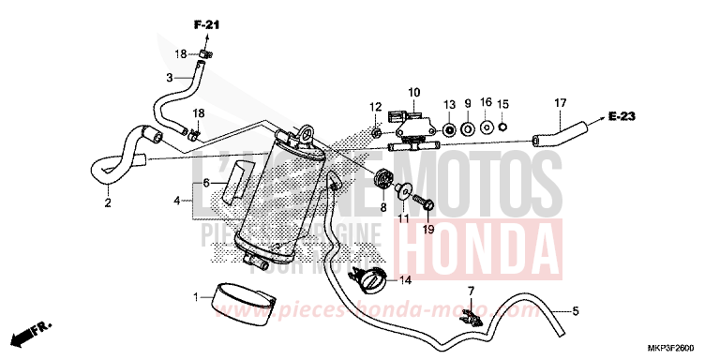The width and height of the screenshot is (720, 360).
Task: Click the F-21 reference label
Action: click(205, 23)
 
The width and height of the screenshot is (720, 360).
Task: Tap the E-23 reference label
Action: click(647, 116)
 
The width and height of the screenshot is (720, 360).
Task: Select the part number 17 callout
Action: click(561, 102)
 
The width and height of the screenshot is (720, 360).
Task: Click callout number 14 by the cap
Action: click(405, 279)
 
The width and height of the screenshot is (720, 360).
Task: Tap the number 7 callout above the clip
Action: click(472, 292)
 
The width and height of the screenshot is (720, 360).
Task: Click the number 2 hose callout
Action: click(107, 202)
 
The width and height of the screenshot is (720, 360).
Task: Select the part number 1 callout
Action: click(196, 297)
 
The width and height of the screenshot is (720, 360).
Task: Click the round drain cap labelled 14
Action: click(367, 278)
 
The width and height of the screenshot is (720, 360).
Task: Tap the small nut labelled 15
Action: click(503, 127)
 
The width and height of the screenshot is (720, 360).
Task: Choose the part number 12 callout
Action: click(375, 106)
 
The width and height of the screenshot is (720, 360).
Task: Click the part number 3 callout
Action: click(170, 78)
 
